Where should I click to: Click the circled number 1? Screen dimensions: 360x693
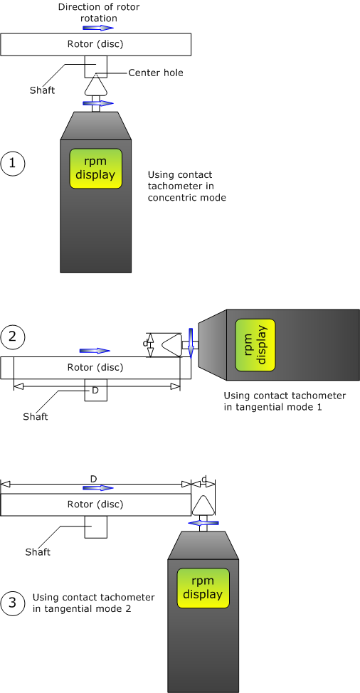(x=13, y=164)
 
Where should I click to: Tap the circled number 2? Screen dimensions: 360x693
(x=13, y=337)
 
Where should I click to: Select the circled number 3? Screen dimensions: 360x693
(x=13, y=603)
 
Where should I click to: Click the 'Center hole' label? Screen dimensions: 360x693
(x=156, y=73)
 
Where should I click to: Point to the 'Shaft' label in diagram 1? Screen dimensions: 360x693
(x=42, y=90)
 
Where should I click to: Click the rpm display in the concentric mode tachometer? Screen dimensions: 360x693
(x=95, y=169)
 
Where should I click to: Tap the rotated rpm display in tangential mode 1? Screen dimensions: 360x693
(x=255, y=345)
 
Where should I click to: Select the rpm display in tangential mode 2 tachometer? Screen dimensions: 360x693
(x=203, y=588)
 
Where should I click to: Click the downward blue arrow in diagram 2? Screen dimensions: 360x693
(x=191, y=343)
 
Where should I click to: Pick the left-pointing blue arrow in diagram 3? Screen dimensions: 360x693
(x=203, y=523)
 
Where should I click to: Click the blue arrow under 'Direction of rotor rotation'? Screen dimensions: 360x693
(x=98, y=28)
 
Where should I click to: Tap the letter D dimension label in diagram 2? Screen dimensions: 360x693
(x=95, y=391)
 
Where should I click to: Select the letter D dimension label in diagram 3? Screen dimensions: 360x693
(x=94, y=479)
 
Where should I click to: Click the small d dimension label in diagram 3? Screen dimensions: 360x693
(x=203, y=479)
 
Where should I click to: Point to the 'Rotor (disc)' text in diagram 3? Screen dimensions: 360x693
(x=95, y=504)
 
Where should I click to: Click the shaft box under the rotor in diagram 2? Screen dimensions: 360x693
(x=96, y=390)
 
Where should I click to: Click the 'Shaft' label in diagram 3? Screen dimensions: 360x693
(x=38, y=551)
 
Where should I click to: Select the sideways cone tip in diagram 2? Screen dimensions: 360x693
(x=152, y=345)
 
